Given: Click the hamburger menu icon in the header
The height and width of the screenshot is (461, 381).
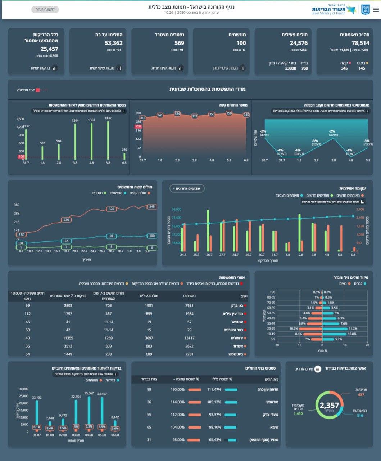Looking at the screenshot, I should [x=376, y=10].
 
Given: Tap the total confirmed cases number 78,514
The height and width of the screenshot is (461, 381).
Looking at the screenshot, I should [x=360, y=43].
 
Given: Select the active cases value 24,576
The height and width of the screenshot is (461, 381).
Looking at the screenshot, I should [x=299, y=43].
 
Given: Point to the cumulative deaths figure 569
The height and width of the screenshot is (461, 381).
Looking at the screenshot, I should [x=179, y=43].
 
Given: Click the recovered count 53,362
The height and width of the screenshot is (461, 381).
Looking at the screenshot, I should [x=114, y=43].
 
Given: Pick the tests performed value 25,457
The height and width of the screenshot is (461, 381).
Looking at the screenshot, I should [x=49, y=49].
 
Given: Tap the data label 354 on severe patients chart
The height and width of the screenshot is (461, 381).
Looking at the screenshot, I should [x=177, y=113].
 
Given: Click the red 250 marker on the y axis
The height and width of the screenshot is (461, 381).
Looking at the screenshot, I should [x=138, y=126].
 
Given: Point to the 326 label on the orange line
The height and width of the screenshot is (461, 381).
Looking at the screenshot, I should [x=112, y=209].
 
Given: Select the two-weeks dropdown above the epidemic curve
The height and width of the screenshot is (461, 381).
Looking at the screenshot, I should [x=187, y=188].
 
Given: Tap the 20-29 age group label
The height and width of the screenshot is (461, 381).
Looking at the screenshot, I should [x=271, y=329].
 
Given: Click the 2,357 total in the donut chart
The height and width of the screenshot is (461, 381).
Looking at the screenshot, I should [x=329, y=406].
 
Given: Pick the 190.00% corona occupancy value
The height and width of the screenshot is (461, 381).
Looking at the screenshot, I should [x=177, y=390].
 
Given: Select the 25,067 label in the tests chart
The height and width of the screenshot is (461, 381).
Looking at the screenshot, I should [x=89, y=393].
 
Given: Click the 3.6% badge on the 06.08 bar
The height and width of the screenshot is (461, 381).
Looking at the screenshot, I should [x=115, y=429].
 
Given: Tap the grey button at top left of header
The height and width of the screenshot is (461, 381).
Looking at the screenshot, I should [x=45, y=9].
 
